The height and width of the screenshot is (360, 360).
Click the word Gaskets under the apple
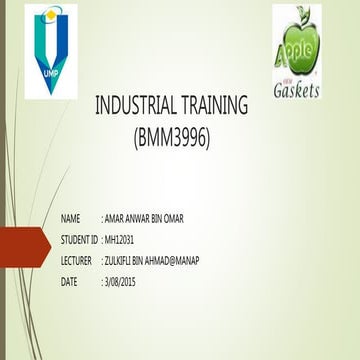point(297,90)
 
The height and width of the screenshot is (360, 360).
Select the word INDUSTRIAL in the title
point(136,108)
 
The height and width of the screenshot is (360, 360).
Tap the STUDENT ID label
point(80,240)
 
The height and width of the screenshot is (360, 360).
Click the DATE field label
point(69,282)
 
